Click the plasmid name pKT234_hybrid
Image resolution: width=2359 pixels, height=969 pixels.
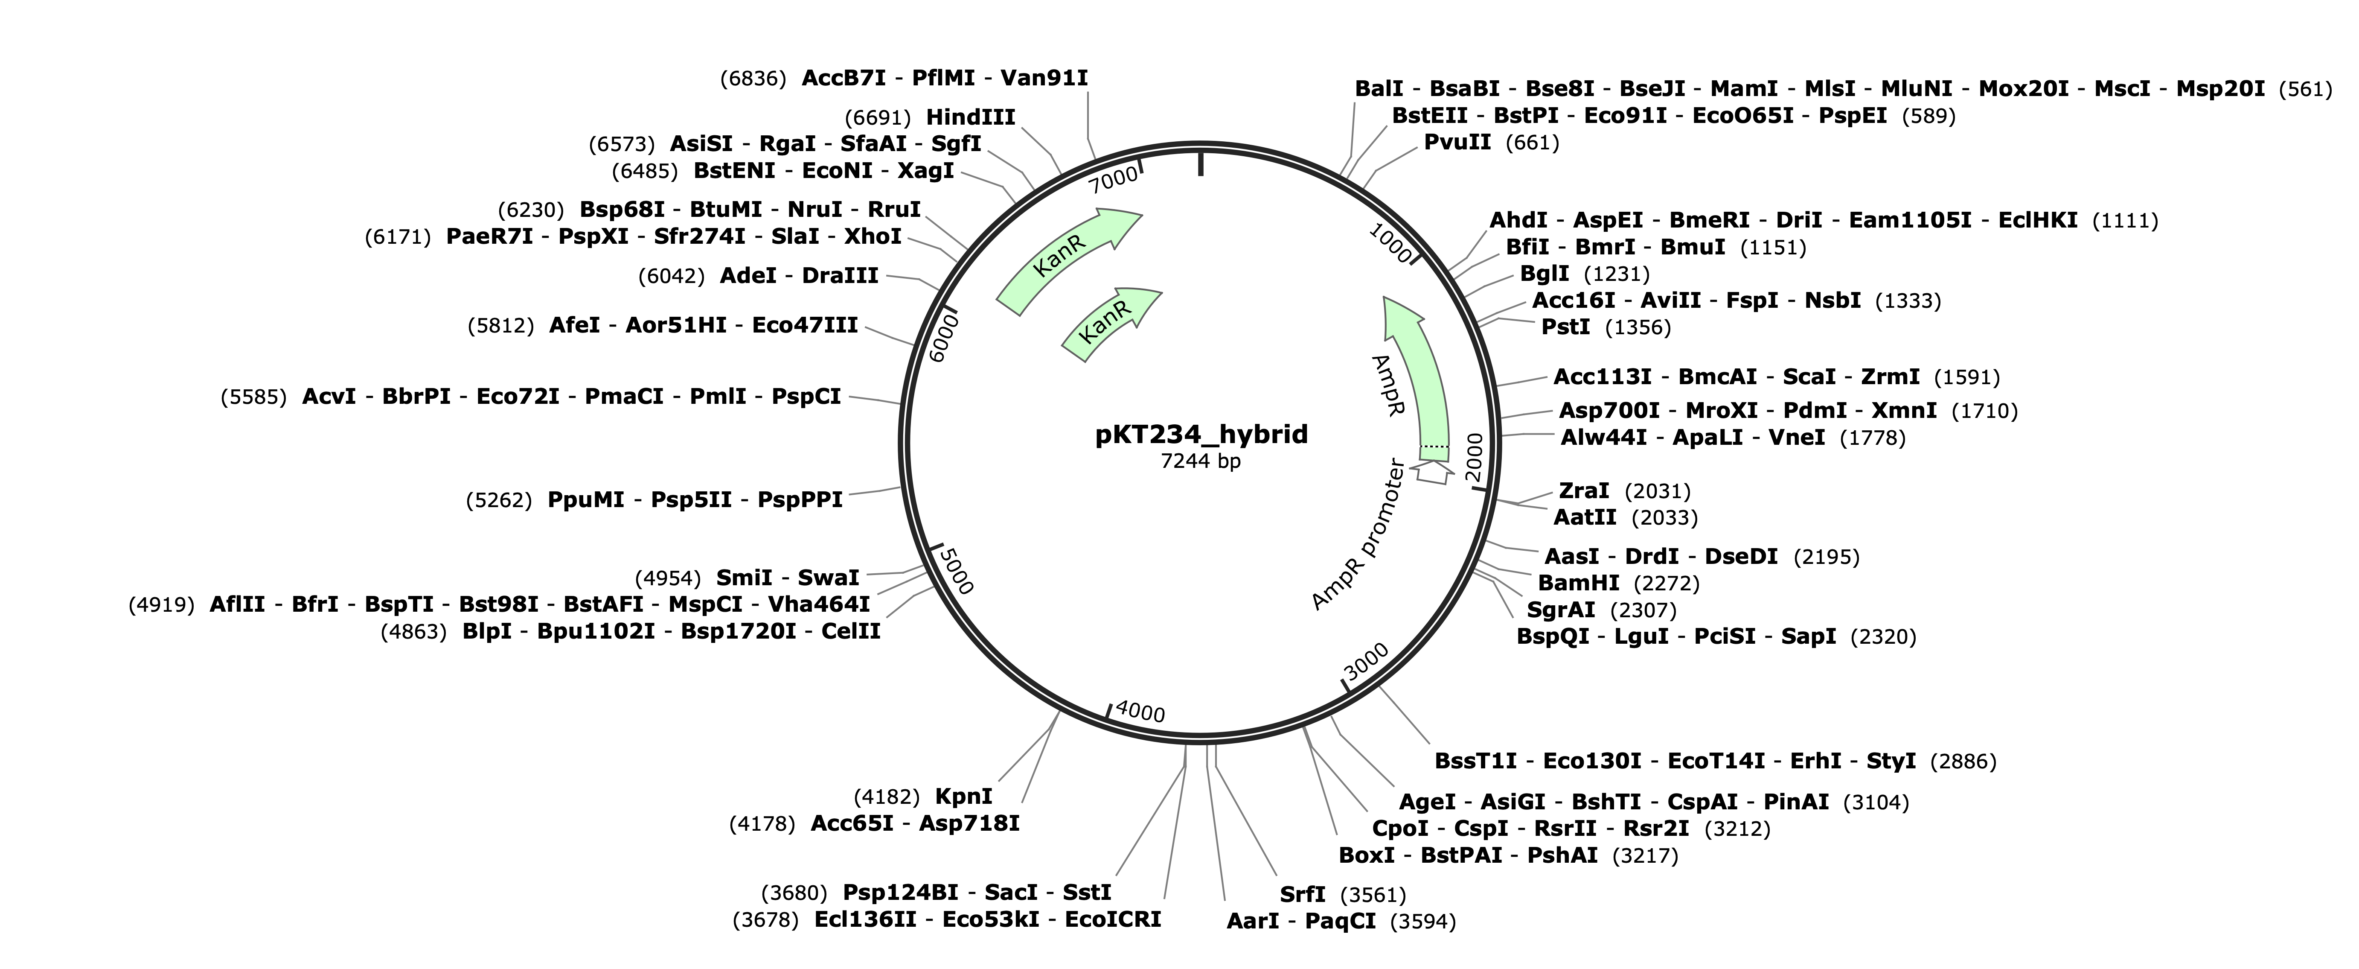[1201, 434]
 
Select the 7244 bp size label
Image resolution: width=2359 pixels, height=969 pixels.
[1201, 461]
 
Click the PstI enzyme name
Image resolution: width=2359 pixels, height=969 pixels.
[1566, 327]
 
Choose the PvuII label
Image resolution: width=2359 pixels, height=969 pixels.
[1457, 142]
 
